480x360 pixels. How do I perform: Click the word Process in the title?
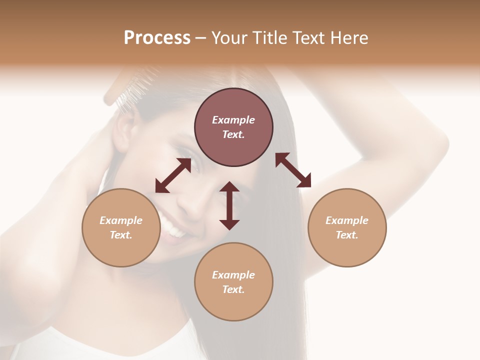(157, 38)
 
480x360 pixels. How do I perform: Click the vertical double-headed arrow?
(229, 205)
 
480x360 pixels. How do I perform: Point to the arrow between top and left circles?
(173, 176)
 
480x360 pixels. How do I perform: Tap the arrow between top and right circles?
(293, 170)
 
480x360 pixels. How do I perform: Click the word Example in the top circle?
(233, 120)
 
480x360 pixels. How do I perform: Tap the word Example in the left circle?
(121, 220)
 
